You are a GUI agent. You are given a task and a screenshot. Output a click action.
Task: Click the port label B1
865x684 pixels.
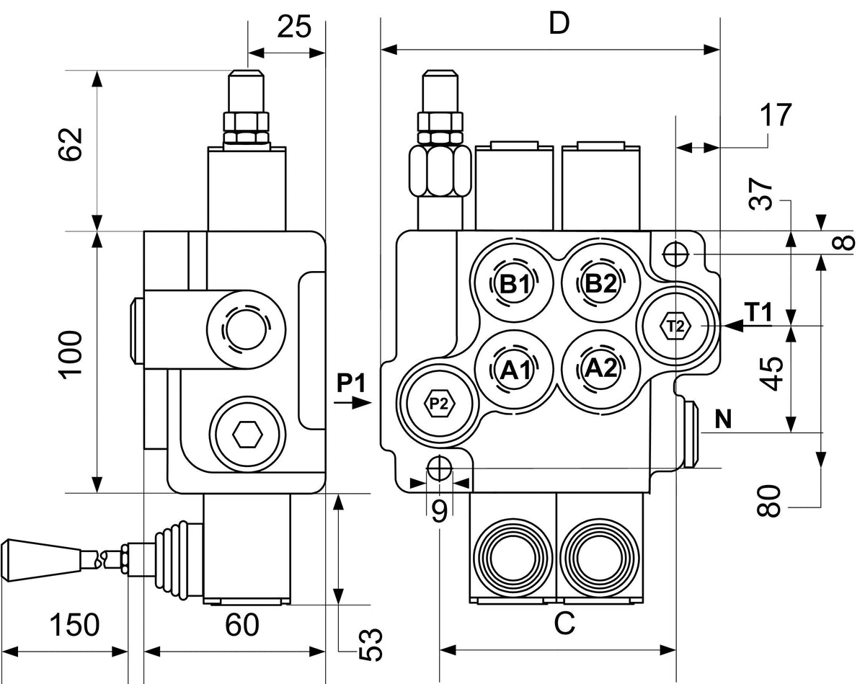pos(514,285)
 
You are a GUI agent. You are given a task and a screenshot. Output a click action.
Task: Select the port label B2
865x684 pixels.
pos(601,284)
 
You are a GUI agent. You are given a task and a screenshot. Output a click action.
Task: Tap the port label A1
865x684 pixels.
pos(515,370)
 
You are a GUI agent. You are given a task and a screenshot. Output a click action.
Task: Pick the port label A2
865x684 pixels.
pos(600,368)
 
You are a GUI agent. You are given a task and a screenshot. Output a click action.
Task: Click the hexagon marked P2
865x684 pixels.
pos(439,403)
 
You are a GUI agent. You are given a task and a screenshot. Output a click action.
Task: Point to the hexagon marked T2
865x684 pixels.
pos(675,326)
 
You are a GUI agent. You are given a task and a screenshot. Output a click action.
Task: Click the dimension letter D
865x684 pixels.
pos(559,24)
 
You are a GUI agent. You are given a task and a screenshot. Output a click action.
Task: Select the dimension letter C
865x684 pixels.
pos(564,623)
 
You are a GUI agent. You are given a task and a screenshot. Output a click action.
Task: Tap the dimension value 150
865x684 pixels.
pos(74,625)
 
